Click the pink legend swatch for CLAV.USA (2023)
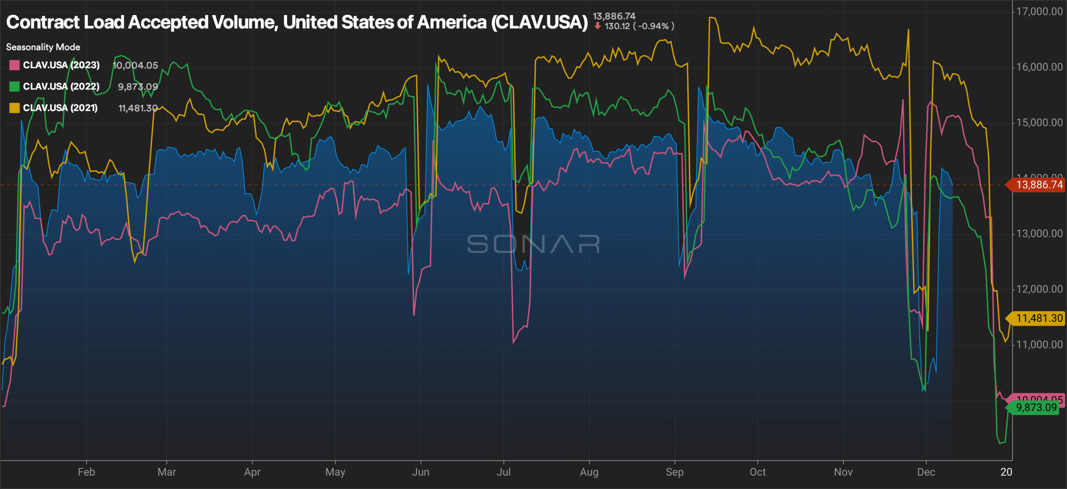tap(14, 65)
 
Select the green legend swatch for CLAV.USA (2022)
tap(14, 86)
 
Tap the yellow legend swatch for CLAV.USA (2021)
tap(14, 108)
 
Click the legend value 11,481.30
tap(138, 108)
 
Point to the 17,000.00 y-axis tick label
tap(1039, 12)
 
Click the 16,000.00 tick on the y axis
tap(1039, 67)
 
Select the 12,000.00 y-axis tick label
tap(1039, 289)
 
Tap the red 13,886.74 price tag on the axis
tap(1039, 185)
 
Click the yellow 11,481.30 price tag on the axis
tap(1039, 318)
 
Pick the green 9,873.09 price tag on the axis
tap(1036, 408)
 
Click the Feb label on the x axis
tap(86, 472)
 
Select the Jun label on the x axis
tap(421, 472)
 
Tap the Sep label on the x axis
tap(674, 472)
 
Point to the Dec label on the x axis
tap(926, 472)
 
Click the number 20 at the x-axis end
tap(1006, 472)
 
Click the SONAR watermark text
tap(533, 244)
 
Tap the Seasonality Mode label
tap(43, 47)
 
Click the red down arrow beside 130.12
tap(598, 26)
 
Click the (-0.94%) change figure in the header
tap(653, 26)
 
